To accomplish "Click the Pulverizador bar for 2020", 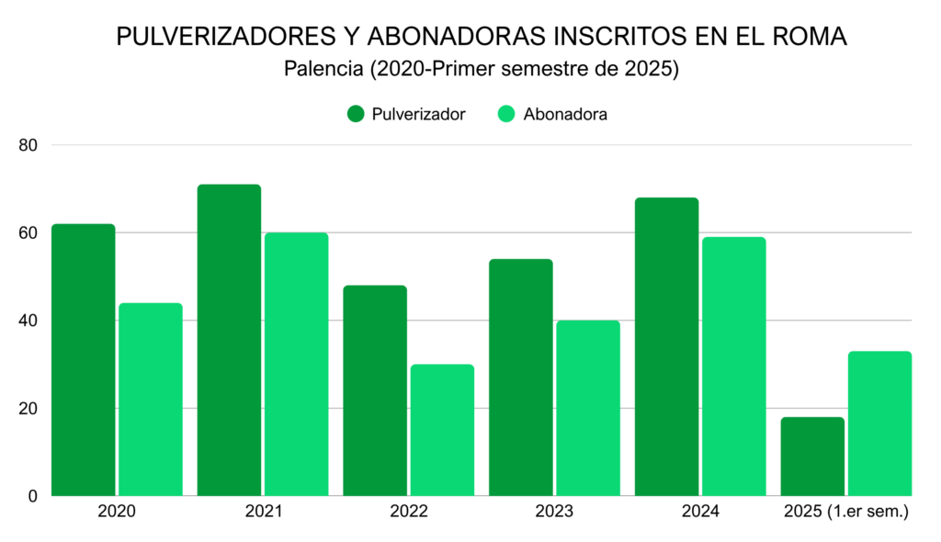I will click(84, 360).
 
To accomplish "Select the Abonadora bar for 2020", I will click(151, 400).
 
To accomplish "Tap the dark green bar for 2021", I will click(229, 340).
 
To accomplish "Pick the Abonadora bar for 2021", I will click(296, 365).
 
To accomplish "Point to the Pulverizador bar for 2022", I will click(375, 390).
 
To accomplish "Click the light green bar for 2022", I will click(442, 430).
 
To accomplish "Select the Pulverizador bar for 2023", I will click(520, 378).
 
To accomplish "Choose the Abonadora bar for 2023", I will click(588, 408).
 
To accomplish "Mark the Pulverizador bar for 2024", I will click(666, 347).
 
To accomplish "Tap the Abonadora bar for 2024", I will click(733, 367).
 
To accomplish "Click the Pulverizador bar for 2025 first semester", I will click(812, 457).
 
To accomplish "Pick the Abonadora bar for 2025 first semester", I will click(879, 423).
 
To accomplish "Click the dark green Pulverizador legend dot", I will click(357, 114).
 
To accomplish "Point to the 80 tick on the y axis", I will click(28, 145).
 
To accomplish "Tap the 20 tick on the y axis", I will click(28, 409).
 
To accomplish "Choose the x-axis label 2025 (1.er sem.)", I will click(845, 512).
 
